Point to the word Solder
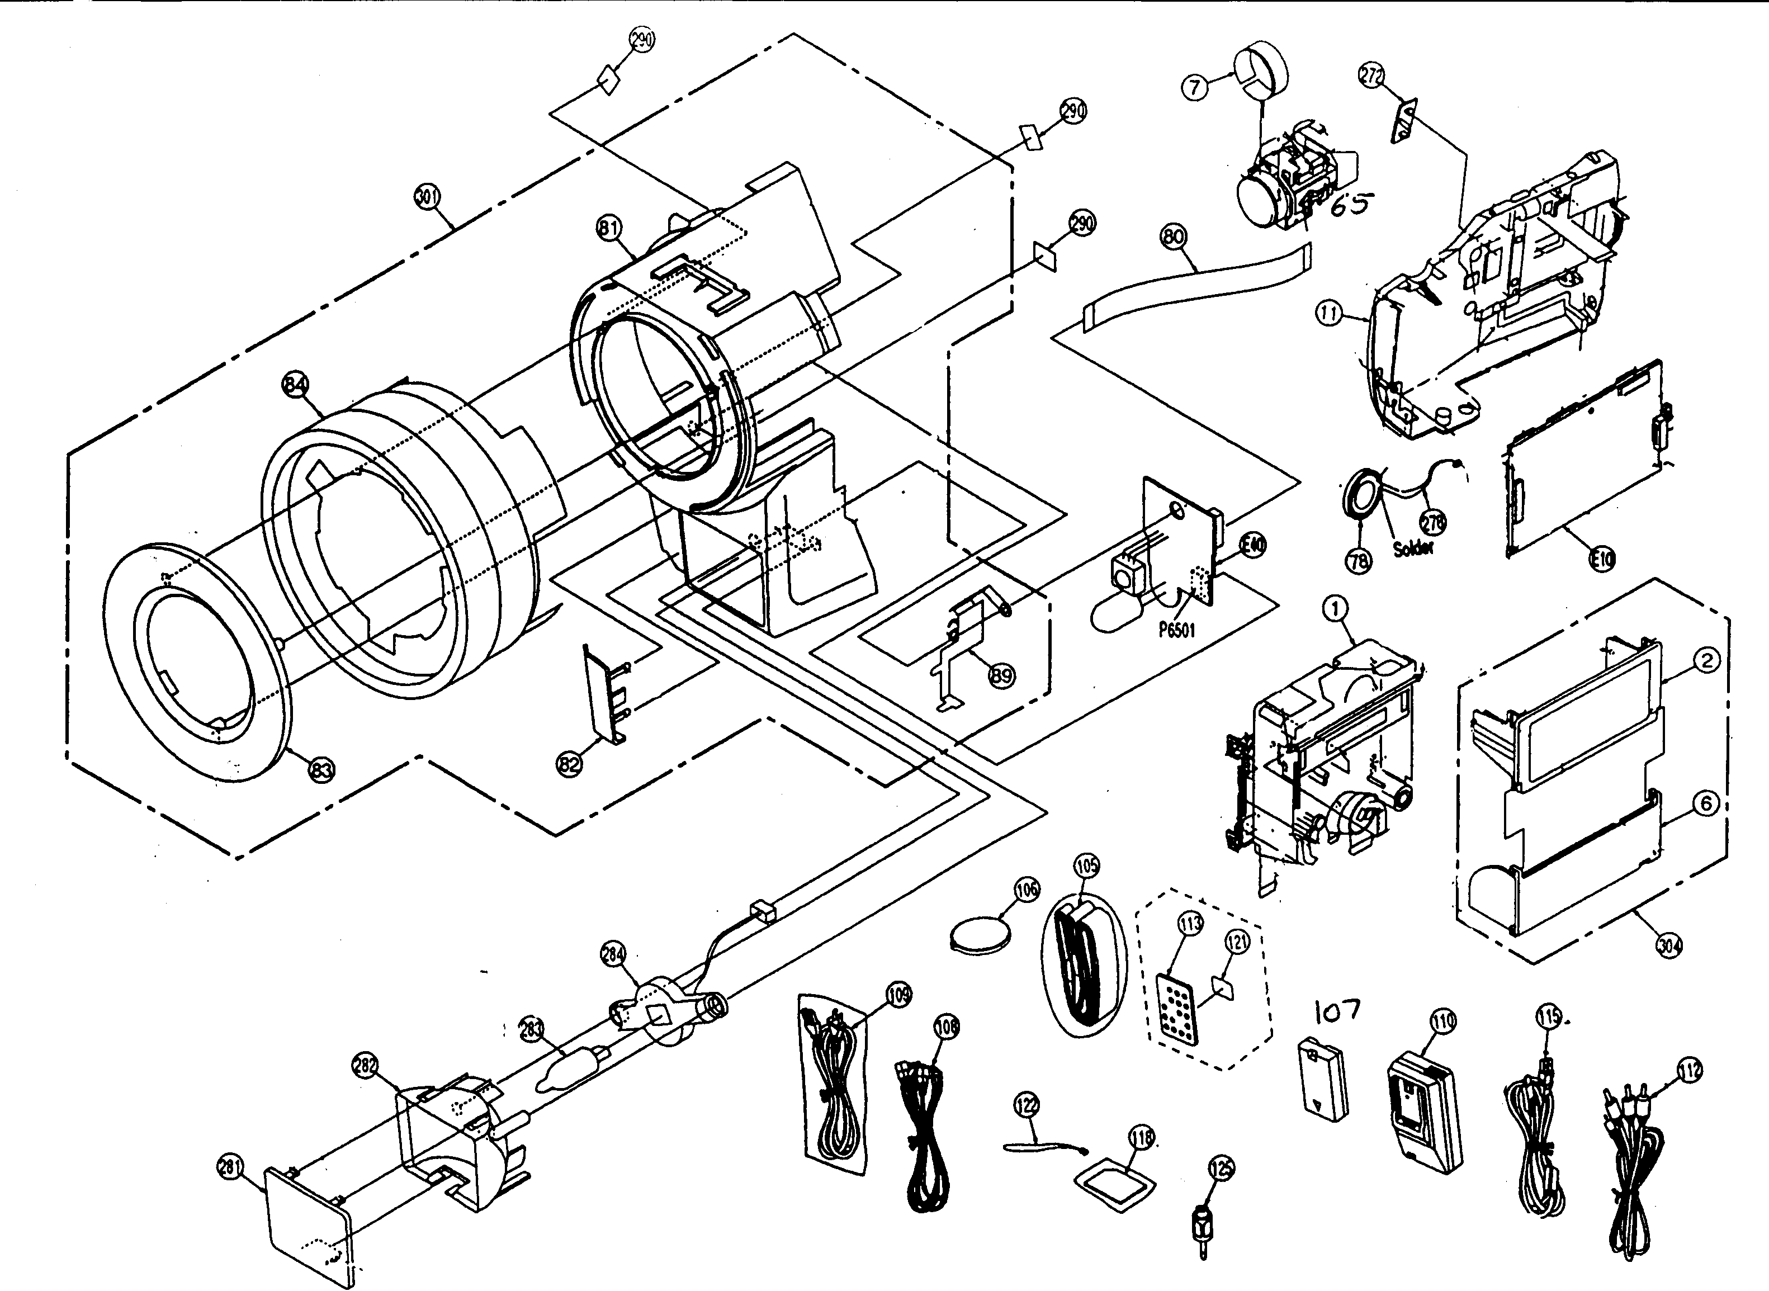point(1413,548)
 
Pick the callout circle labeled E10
point(1602,558)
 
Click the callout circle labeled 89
point(1002,675)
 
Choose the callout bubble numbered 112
point(1689,1071)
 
